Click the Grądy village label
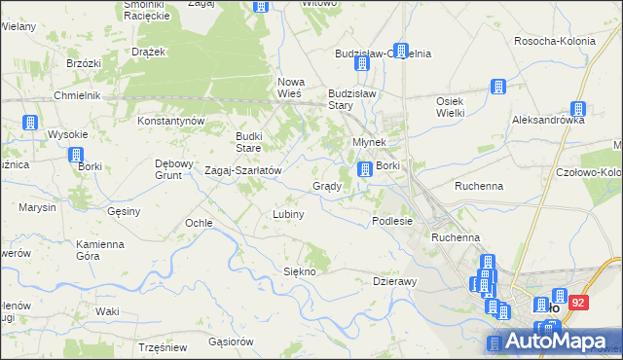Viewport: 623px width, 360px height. [325, 186]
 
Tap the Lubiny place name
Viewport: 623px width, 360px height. [289, 214]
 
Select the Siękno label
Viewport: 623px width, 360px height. [299, 271]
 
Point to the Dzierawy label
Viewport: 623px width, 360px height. [394, 281]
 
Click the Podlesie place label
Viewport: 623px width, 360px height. [392, 221]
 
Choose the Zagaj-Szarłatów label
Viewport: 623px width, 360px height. [242, 170]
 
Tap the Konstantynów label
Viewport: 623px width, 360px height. [170, 121]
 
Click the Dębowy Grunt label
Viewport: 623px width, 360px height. [175, 169]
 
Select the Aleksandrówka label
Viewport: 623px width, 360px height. [548, 121]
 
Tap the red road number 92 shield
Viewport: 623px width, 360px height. [579, 303]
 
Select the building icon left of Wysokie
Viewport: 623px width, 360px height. [29, 124]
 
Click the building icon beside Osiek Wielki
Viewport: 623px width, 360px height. [496, 88]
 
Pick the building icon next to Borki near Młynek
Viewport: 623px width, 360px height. [364, 169]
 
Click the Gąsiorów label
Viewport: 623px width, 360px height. [231, 342]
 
